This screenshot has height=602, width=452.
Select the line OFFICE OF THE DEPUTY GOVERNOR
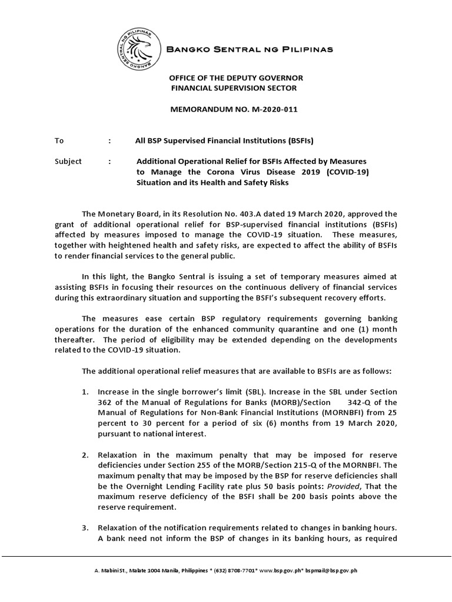[236, 78]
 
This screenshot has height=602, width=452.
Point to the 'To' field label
[59, 141]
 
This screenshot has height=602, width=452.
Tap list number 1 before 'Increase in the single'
[85, 392]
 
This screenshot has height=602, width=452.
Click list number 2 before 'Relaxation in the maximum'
[85, 454]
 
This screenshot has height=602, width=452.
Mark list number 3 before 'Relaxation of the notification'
[85, 528]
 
